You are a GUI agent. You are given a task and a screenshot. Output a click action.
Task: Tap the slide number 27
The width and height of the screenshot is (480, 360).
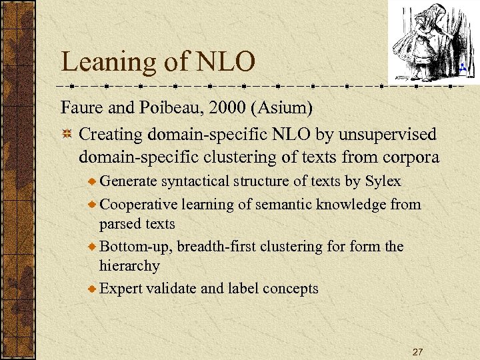coord(418,351)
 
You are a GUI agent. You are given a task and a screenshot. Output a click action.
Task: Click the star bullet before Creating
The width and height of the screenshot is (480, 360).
coord(67,135)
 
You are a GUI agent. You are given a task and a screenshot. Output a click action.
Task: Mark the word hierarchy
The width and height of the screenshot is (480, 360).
coord(129,266)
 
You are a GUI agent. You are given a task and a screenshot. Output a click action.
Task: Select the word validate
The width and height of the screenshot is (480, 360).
coord(169,289)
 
